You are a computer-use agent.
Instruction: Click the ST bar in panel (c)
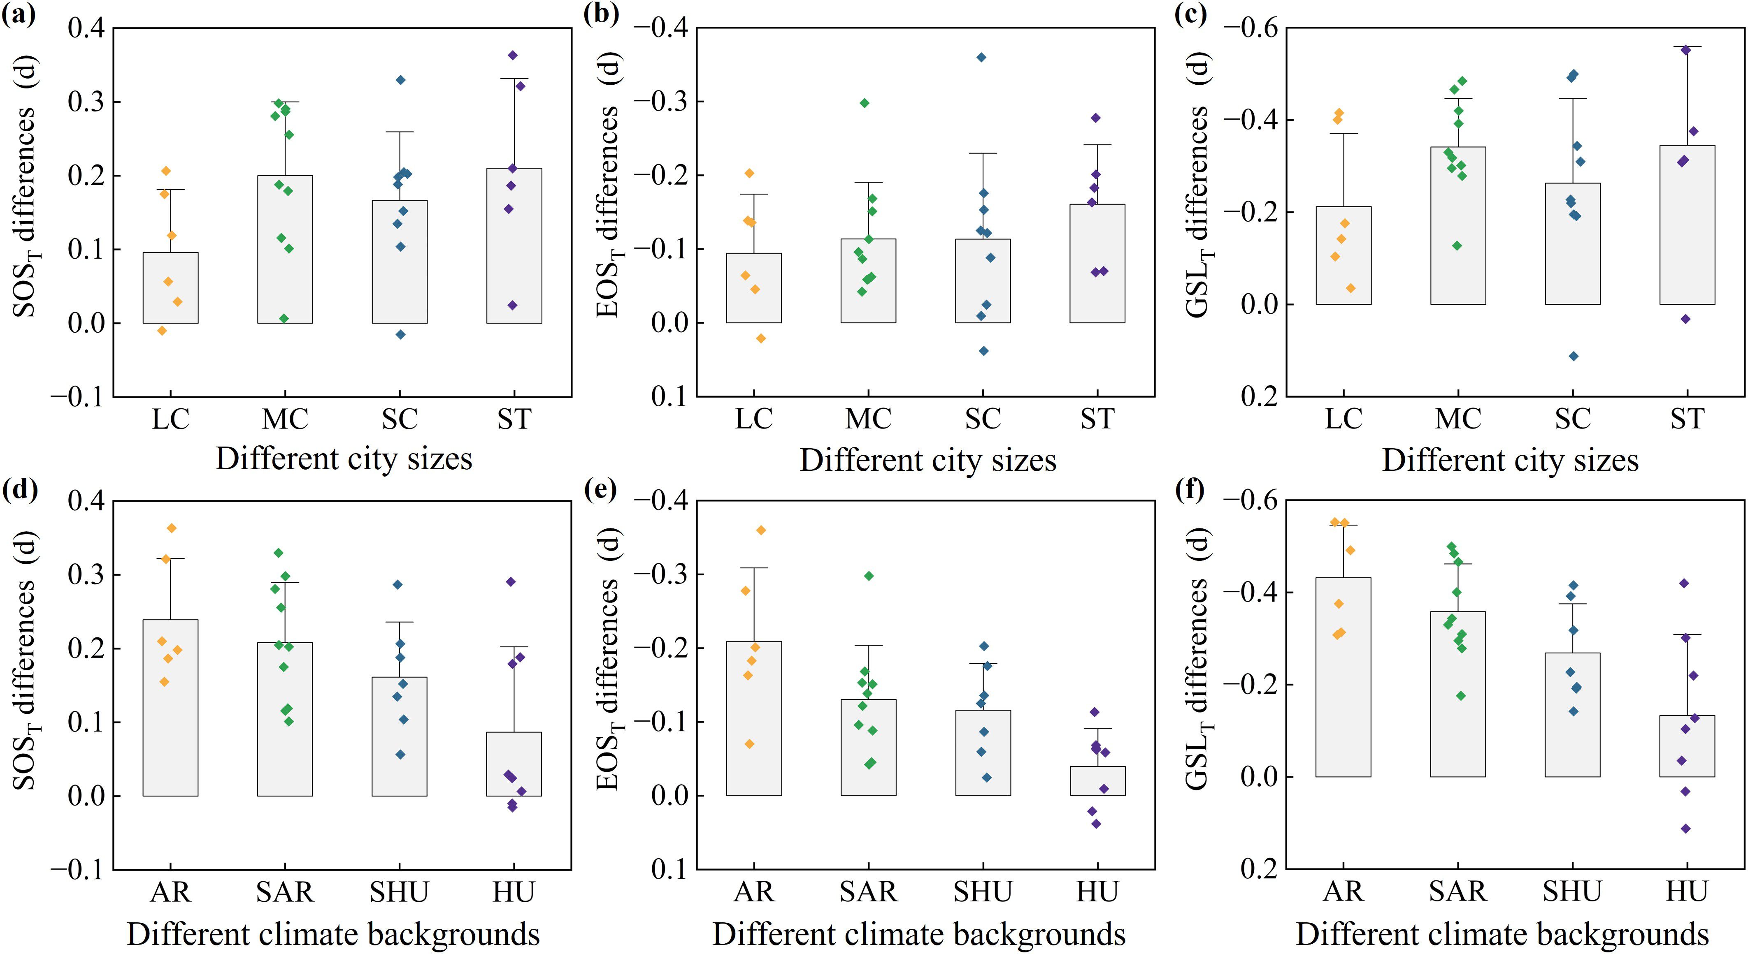[x=1687, y=225]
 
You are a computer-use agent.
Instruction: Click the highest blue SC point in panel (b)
[x=981, y=58]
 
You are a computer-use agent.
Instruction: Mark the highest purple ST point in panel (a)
[x=513, y=55]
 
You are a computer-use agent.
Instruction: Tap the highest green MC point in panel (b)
[x=865, y=103]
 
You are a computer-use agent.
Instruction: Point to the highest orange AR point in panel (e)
[x=761, y=530]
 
